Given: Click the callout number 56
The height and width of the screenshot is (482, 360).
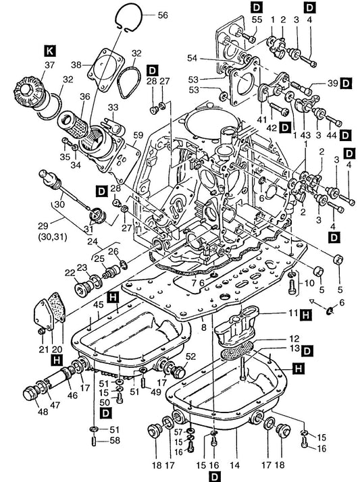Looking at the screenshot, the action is (x=163, y=15).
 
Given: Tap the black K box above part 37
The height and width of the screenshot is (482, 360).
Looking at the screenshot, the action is (x=50, y=51).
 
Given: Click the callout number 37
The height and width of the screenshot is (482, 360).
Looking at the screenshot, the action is (x=49, y=65).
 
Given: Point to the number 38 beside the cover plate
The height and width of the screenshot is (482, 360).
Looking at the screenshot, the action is (x=76, y=65).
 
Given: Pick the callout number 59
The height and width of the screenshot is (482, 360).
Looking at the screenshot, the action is (x=138, y=135).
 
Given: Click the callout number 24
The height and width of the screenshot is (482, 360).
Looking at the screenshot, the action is (x=93, y=241).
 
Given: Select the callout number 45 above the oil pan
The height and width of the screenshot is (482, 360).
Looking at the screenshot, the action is (x=99, y=304).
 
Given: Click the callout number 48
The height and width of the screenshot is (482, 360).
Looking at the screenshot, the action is (x=43, y=411).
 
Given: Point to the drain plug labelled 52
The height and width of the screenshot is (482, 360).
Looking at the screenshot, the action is (x=178, y=371).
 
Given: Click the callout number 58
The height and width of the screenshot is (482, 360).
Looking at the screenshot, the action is (x=115, y=441).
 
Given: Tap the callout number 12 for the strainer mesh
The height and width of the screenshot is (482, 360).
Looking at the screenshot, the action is (x=294, y=339).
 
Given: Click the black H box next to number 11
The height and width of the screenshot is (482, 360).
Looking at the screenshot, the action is (x=306, y=315).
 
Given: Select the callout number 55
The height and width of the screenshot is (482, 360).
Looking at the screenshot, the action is (x=257, y=20).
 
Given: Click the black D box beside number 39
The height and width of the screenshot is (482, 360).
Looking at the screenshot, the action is (x=346, y=83).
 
